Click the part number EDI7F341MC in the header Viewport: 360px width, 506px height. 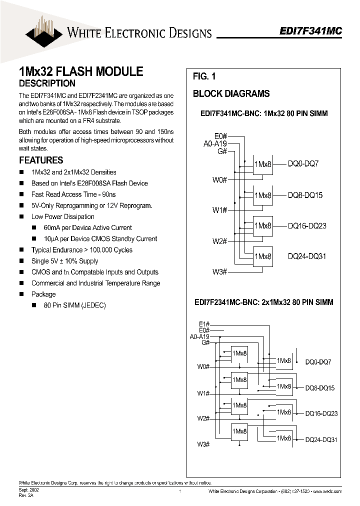(x=310, y=30)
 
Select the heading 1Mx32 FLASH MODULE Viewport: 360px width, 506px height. (x=81, y=71)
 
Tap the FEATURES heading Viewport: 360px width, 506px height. (x=41, y=160)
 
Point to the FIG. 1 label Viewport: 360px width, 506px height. (x=204, y=76)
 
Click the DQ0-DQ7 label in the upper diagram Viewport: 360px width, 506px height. (x=303, y=164)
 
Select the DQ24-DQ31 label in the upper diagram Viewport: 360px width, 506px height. (x=307, y=256)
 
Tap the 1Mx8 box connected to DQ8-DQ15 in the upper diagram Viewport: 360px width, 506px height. (x=262, y=195)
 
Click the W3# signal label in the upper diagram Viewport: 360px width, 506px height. (x=219, y=271)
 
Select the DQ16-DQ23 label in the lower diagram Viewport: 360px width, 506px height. (x=321, y=413)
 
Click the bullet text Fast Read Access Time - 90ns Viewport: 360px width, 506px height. (x=73, y=194)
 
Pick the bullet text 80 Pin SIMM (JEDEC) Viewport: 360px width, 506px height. (x=74, y=305)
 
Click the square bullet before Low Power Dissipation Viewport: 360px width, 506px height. (x=21, y=216)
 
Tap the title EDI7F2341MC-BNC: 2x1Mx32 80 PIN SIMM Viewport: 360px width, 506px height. (x=263, y=302)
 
